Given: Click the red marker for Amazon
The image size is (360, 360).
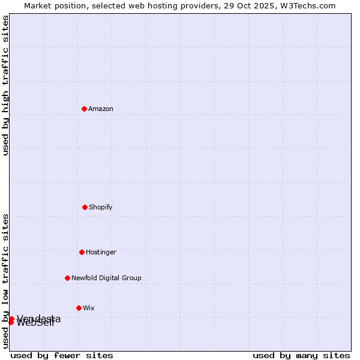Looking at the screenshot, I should pyautogui.click(x=84, y=109).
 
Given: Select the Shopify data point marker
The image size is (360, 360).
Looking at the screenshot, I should pyautogui.click(x=85, y=207).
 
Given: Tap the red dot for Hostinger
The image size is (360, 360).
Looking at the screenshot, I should pyautogui.click(x=82, y=252).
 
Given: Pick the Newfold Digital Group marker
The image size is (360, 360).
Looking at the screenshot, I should pyautogui.click(x=67, y=278).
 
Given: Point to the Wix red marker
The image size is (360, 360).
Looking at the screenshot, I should pyautogui.click(x=79, y=308).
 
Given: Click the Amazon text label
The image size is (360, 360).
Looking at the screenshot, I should pyautogui.click(x=101, y=109).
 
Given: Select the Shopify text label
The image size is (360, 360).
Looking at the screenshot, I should pyautogui.click(x=101, y=207).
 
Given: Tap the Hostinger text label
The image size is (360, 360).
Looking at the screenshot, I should pyautogui.click(x=101, y=252).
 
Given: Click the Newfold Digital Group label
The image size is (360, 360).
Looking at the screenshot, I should pyautogui.click(x=106, y=278).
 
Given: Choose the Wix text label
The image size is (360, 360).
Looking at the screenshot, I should pyautogui.click(x=89, y=308).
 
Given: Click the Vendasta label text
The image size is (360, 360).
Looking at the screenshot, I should pyautogui.click(x=38, y=318).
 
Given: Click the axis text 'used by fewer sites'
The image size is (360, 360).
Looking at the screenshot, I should pyautogui.click(x=62, y=356).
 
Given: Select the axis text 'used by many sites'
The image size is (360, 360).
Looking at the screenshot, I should pyautogui.click(x=301, y=356).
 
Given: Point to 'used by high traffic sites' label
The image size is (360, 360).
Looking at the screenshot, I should pyautogui.click(x=5, y=85).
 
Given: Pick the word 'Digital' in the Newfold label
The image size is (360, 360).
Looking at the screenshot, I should pyautogui.click(x=109, y=278).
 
